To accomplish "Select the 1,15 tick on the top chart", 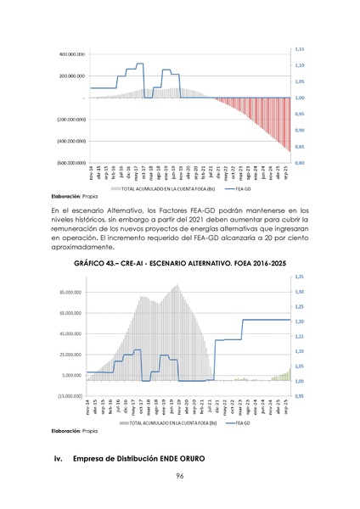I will [301, 49].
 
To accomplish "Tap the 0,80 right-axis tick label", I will [301, 163].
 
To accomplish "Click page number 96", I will [180, 477].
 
